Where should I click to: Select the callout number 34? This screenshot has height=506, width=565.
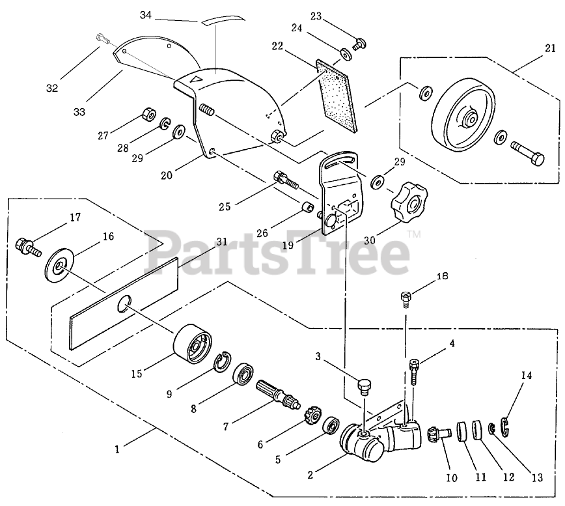(145, 14)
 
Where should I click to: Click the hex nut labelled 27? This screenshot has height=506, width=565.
(146, 117)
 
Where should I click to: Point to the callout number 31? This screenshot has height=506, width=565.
(222, 242)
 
